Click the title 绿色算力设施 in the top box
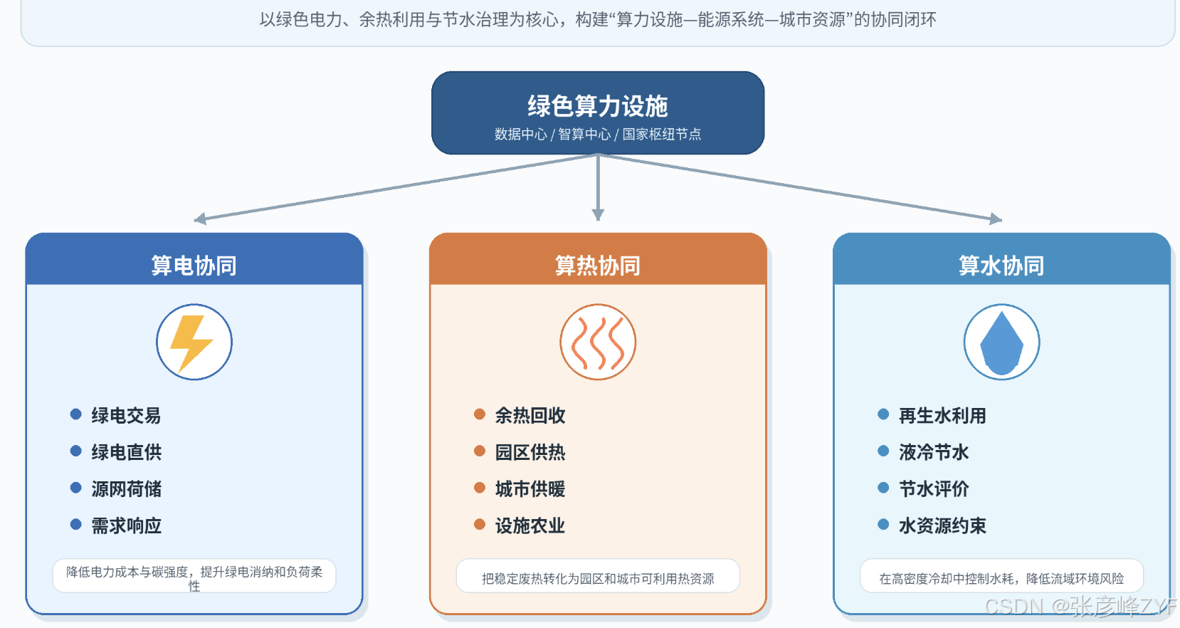click(x=597, y=106)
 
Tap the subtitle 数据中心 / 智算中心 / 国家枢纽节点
click(x=597, y=135)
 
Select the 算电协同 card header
click(x=194, y=265)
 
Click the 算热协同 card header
click(x=597, y=265)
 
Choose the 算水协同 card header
click(x=1001, y=265)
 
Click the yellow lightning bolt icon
click(x=191, y=343)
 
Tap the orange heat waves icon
click(x=597, y=342)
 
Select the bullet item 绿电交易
click(x=126, y=415)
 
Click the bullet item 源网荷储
click(x=126, y=489)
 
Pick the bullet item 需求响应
click(x=126, y=525)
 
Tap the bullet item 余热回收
click(x=530, y=415)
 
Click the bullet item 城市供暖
click(x=530, y=489)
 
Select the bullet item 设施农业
click(x=530, y=525)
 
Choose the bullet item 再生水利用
click(x=942, y=415)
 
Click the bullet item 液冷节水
click(x=934, y=452)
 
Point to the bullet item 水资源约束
click(x=942, y=525)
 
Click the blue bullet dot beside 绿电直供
click(x=76, y=451)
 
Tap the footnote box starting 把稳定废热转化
click(x=597, y=576)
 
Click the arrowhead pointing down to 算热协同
click(x=598, y=214)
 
